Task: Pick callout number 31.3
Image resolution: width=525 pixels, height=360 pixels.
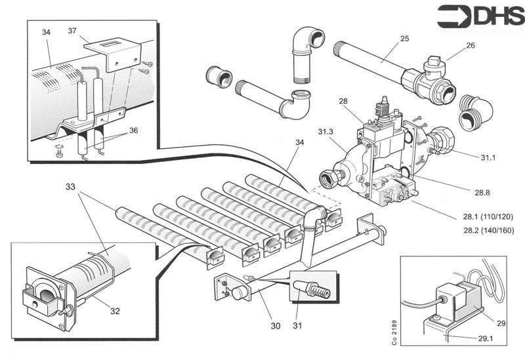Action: [x=325, y=132]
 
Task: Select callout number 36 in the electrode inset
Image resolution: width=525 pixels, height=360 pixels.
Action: [x=133, y=130]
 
